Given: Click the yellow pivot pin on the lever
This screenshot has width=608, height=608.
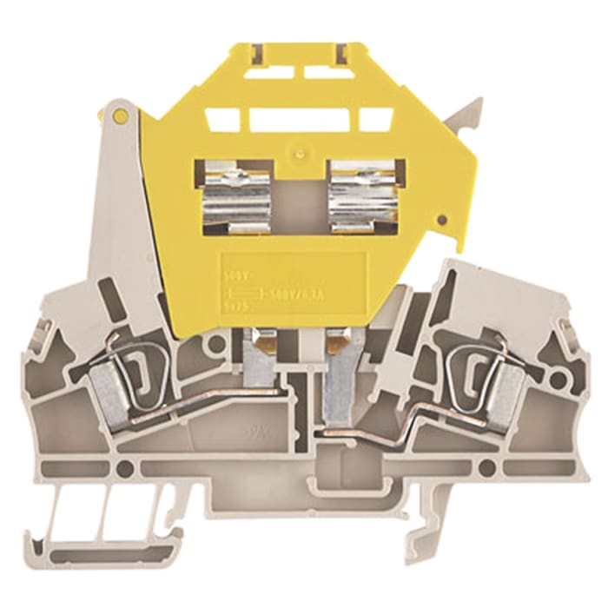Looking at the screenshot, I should click(120, 115).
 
